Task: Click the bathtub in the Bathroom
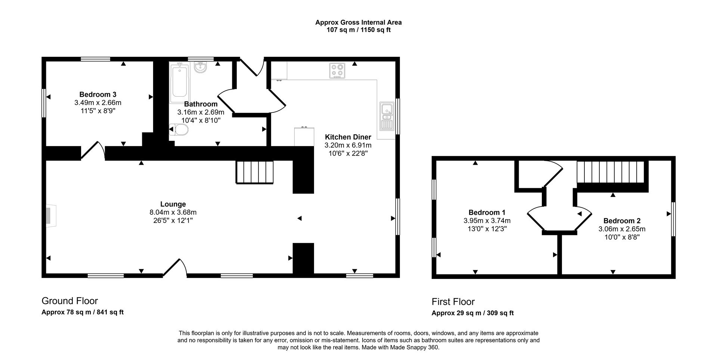(180, 83)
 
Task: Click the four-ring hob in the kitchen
(337, 71)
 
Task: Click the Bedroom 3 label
(98, 94)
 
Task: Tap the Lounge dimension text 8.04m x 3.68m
(173, 212)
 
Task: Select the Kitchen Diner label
(348, 137)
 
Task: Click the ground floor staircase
(255, 172)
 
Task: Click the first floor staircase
(611, 172)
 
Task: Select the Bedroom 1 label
(487, 212)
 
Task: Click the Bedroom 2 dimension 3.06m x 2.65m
(622, 229)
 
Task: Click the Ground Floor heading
(69, 301)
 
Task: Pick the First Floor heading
(453, 302)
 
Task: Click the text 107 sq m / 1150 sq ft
(358, 30)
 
